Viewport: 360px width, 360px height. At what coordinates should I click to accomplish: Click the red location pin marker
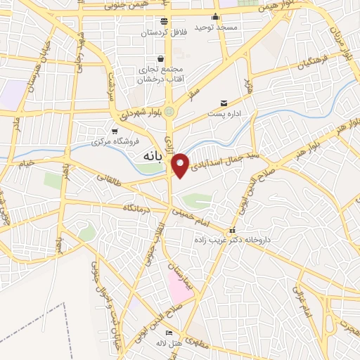tap(181, 165)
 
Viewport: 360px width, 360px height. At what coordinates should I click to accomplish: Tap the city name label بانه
tap(151, 155)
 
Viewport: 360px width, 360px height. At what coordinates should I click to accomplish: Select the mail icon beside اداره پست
tap(224, 103)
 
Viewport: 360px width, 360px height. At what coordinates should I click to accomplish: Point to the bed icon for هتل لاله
tap(168, 332)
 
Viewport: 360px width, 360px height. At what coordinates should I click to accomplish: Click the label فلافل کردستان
tap(163, 32)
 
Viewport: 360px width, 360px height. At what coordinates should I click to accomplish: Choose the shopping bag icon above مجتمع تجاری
tap(162, 58)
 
